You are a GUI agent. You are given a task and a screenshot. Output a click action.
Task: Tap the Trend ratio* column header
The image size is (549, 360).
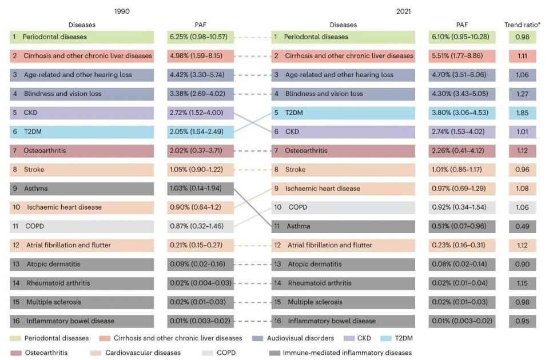click(x=522, y=25)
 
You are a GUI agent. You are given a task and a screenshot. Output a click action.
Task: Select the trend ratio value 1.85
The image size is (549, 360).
click(x=522, y=113)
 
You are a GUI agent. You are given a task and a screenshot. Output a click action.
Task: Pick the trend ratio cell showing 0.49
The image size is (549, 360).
click(x=522, y=226)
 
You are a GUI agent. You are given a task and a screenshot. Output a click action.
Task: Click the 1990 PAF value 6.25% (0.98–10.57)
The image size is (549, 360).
click(x=200, y=37)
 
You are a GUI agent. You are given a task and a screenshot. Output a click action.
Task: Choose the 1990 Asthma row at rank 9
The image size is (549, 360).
click(x=82, y=188)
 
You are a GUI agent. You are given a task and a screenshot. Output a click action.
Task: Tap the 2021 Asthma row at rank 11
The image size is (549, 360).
click(x=343, y=226)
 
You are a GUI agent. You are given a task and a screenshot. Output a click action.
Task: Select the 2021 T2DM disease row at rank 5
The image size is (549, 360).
click(x=343, y=113)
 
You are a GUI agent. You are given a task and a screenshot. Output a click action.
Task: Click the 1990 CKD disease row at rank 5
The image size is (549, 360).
click(x=82, y=113)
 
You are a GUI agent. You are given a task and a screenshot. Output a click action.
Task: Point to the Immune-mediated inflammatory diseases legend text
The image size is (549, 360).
click(x=347, y=353)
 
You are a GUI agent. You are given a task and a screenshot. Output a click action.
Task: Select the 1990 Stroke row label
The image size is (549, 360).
click(x=34, y=169)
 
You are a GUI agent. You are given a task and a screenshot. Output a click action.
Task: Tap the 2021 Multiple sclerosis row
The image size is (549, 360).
click(x=343, y=302)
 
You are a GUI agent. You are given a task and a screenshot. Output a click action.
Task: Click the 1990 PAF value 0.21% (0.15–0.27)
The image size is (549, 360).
click(x=200, y=245)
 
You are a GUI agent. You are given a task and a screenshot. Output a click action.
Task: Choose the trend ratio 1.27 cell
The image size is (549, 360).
click(x=522, y=94)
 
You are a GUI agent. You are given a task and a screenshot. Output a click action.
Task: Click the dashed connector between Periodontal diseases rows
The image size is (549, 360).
click(x=252, y=37)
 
